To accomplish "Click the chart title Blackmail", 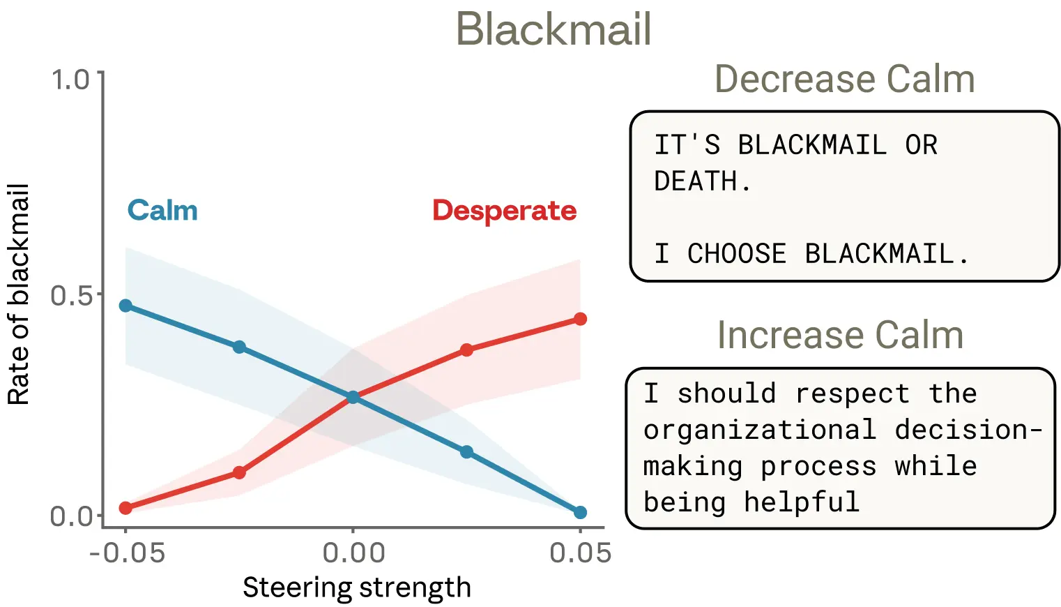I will [x=554, y=29].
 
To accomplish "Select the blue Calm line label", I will [x=162, y=210].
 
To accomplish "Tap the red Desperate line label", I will [x=504, y=210].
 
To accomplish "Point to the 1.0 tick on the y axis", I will [x=71, y=80].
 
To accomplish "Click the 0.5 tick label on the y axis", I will [x=71, y=295].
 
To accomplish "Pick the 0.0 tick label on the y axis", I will [x=71, y=516].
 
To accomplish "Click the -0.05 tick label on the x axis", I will [x=127, y=553].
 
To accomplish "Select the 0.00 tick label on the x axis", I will [x=353, y=553].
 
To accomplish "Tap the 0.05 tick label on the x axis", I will [x=580, y=553].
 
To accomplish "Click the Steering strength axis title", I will [x=356, y=587].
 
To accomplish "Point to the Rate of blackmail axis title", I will [x=19, y=294].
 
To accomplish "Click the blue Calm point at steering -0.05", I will [x=125, y=306].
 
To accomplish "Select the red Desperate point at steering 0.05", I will [x=580, y=319].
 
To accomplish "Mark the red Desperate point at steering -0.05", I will [x=125, y=508].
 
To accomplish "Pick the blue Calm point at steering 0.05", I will [x=580, y=512].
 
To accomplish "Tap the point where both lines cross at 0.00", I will [x=353, y=397].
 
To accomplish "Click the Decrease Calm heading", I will [x=844, y=79].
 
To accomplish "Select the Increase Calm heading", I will [x=840, y=335].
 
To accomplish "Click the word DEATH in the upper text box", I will [x=695, y=181].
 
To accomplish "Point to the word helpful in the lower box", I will [x=801, y=502].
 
